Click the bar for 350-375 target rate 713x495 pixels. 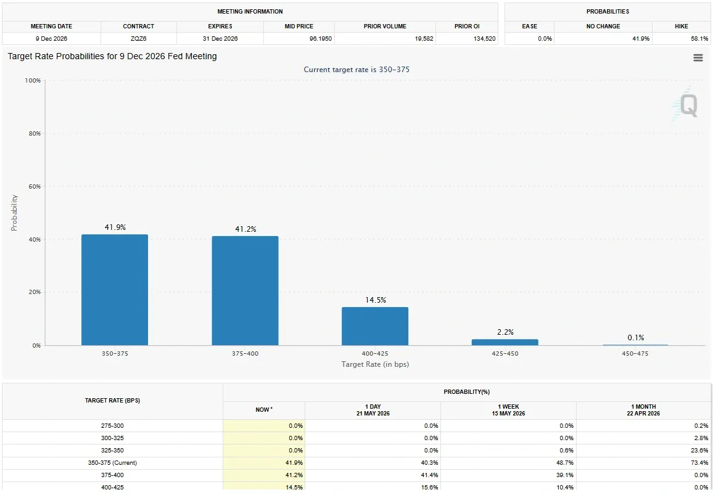click(x=115, y=290)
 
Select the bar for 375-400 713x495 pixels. click(x=245, y=291)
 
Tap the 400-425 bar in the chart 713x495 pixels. click(x=375, y=326)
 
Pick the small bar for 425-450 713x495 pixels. click(x=505, y=342)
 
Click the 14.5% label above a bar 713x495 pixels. click(x=376, y=300)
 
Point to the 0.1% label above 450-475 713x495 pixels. click(x=636, y=338)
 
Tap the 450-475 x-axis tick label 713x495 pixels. click(x=635, y=354)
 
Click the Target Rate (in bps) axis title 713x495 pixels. click(x=375, y=364)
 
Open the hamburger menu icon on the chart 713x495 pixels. click(x=698, y=58)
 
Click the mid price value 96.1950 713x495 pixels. click(x=321, y=39)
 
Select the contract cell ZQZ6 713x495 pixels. click(x=138, y=39)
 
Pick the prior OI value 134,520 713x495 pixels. click(x=484, y=39)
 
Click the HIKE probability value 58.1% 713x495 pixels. click(x=699, y=39)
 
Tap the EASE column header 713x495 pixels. click(x=529, y=27)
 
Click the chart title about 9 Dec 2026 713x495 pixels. click(x=112, y=56)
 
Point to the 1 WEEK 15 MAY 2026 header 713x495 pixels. click(x=508, y=410)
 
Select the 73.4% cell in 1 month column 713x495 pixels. click(x=699, y=463)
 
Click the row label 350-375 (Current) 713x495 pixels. click(x=112, y=463)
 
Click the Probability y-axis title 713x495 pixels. click(x=14, y=213)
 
